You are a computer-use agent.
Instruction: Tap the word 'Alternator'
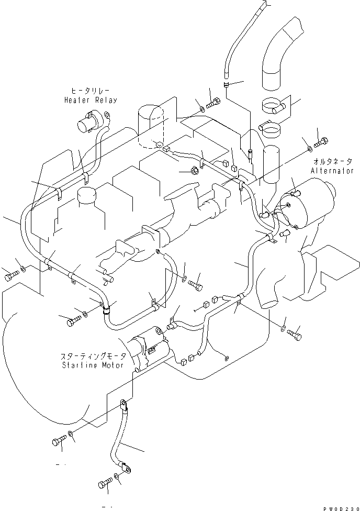point(332,171)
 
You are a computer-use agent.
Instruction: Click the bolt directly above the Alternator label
point(321,141)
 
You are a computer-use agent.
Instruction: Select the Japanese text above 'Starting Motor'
point(92,355)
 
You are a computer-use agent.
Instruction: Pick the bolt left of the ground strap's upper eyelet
point(59,441)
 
